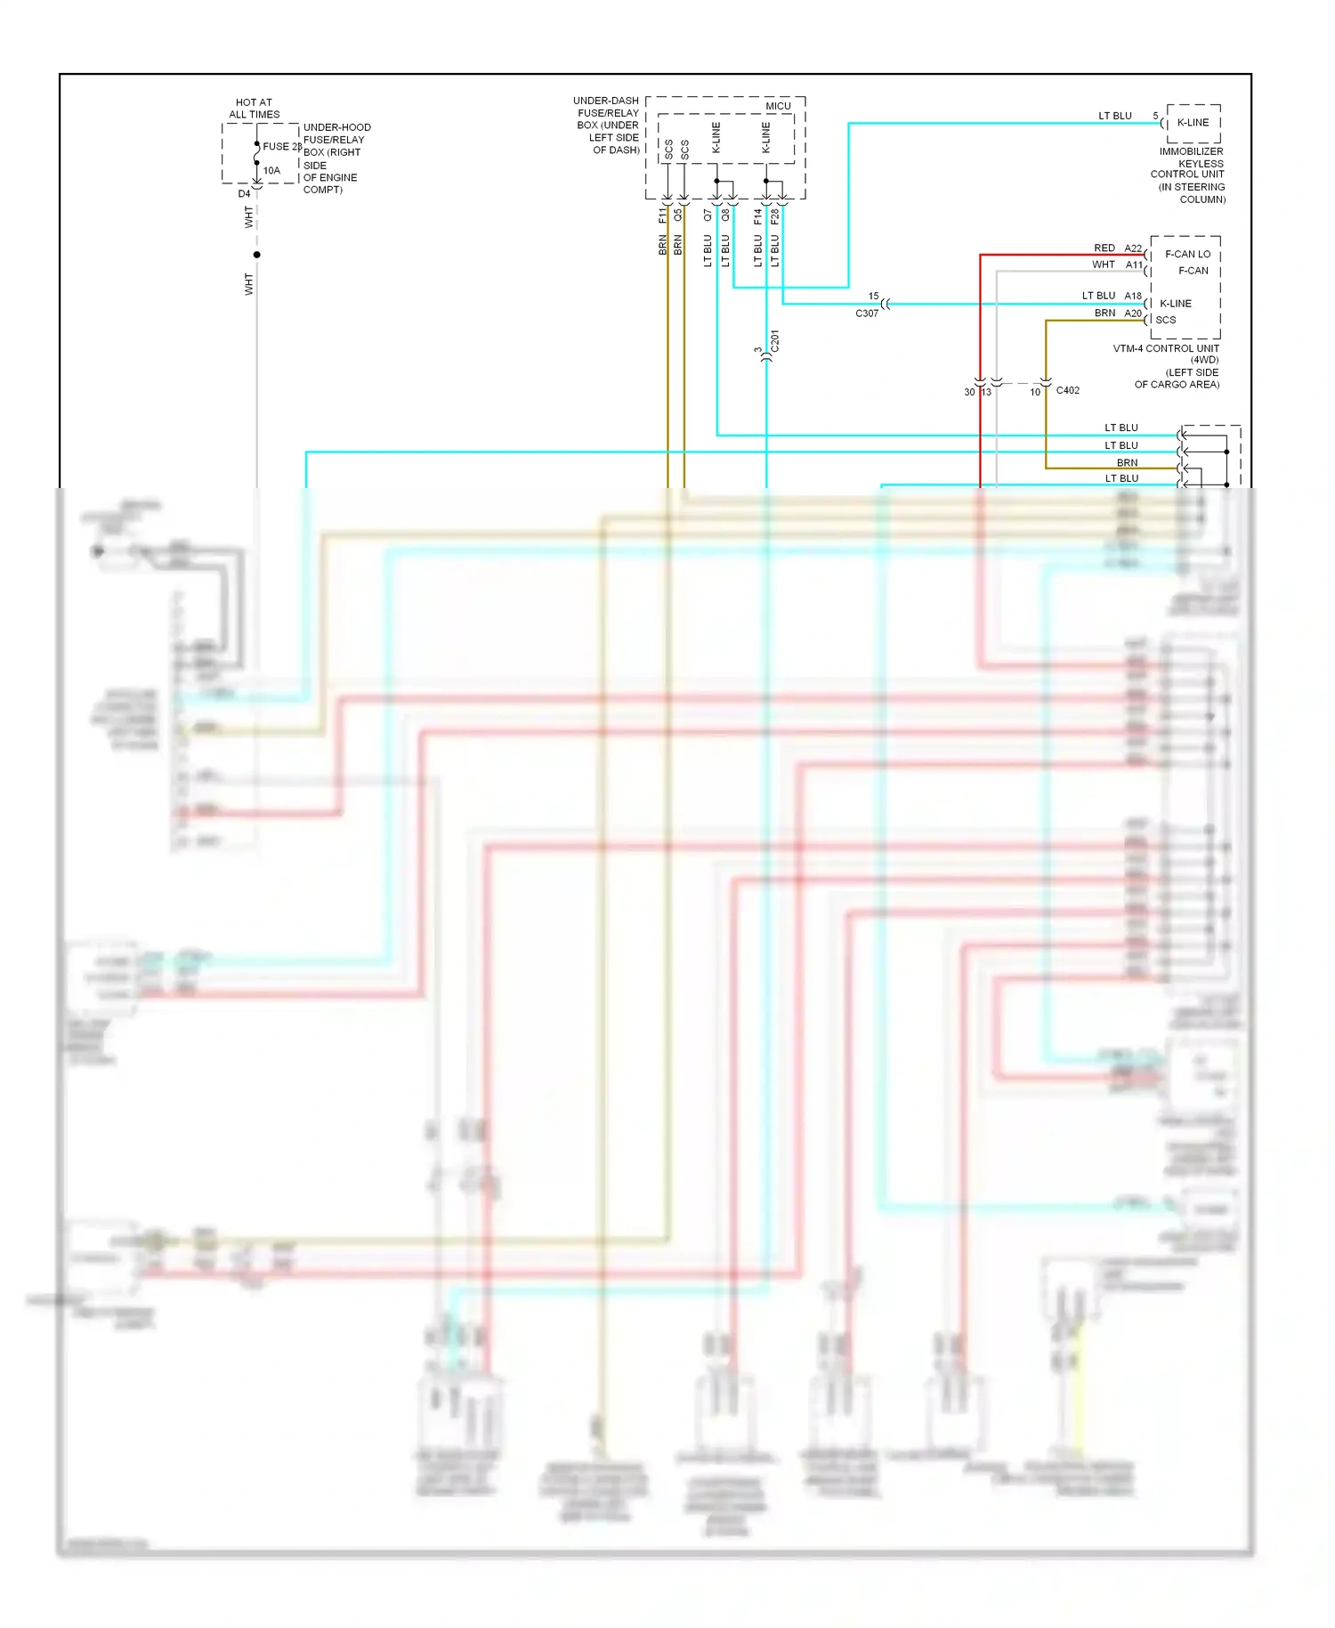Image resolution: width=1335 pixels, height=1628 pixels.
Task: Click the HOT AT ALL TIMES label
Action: click(x=254, y=109)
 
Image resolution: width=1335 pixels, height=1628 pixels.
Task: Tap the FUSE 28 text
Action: click(x=282, y=146)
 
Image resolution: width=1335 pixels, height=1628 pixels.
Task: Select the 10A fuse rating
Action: click(x=271, y=170)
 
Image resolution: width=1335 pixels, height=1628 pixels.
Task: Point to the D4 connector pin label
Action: click(x=244, y=193)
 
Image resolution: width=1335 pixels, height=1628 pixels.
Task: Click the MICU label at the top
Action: click(x=778, y=106)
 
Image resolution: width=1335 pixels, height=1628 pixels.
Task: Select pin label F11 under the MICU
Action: click(x=662, y=216)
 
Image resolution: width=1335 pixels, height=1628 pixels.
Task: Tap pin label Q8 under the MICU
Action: click(x=725, y=216)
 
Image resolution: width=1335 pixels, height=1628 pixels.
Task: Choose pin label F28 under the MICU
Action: click(x=774, y=216)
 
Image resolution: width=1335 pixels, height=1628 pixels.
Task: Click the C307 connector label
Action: click(x=867, y=313)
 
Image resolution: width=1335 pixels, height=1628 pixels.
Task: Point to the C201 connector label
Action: click(x=775, y=340)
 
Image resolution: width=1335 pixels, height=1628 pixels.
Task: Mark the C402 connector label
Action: click(x=1067, y=390)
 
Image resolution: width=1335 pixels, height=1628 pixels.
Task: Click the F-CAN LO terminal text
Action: click(x=1187, y=254)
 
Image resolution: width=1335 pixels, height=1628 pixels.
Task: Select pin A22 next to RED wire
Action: click(x=1132, y=248)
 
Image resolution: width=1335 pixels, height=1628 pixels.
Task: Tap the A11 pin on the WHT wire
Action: click(x=1133, y=265)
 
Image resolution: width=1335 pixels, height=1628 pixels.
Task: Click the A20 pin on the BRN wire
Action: click(x=1132, y=313)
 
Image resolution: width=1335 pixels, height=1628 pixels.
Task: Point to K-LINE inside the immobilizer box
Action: click(x=1193, y=123)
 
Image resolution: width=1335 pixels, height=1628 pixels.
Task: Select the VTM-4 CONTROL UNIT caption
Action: click(x=1166, y=348)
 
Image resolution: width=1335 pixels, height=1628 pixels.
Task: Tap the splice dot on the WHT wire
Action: click(x=257, y=255)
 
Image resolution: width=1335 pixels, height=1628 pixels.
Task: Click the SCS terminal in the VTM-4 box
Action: click(x=1165, y=320)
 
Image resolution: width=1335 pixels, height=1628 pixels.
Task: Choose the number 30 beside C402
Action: click(x=969, y=392)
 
